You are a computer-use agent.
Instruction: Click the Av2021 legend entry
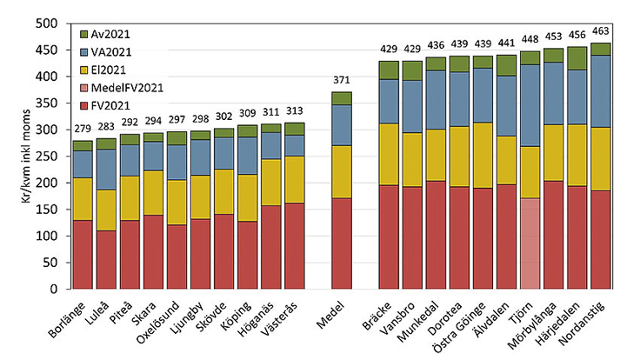click(x=105, y=34)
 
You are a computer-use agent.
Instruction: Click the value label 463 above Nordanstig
click(x=601, y=31)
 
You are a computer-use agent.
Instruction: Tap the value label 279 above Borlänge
click(x=83, y=130)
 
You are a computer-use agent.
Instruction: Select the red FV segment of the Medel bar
click(x=343, y=243)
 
